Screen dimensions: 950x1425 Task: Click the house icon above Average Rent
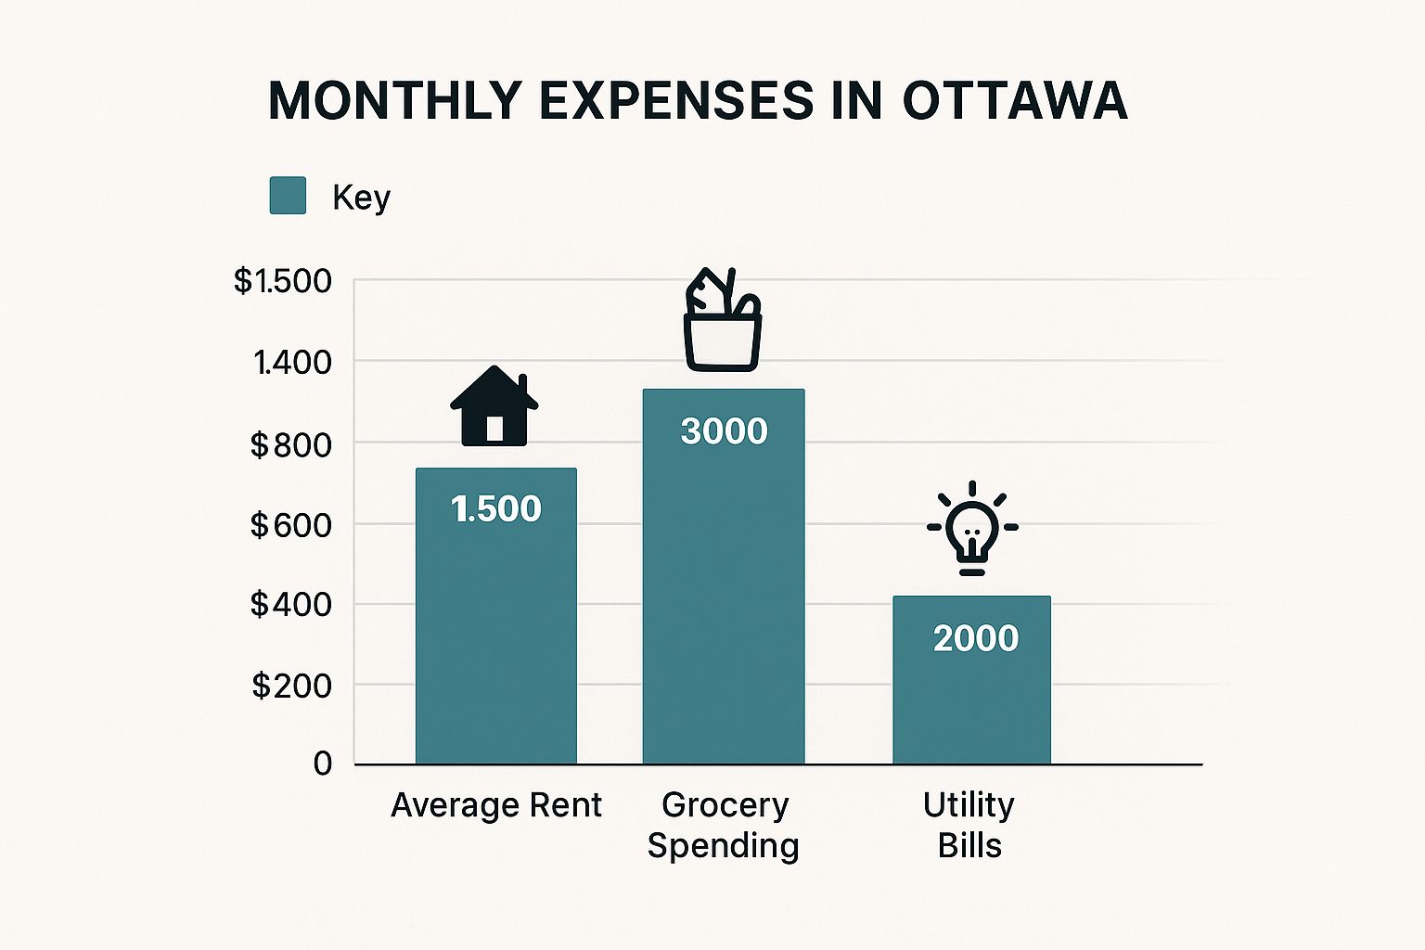[x=494, y=406]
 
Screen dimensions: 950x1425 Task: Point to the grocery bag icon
[x=723, y=320]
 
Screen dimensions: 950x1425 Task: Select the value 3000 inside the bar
[x=724, y=431]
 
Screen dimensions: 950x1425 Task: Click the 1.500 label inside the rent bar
[x=495, y=508]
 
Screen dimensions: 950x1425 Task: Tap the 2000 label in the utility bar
[x=975, y=638]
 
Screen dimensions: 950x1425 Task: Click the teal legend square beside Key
[x=288, y=196]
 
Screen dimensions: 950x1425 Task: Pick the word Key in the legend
[x=361, y=197]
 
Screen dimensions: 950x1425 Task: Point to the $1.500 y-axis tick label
[x=282, y=280]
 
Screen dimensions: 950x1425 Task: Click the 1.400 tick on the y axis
[x=292, y=362]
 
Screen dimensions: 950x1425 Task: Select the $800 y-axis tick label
[x=290, y=444]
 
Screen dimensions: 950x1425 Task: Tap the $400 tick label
[x=290, y=605]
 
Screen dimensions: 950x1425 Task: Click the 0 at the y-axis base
[x=322, y=764]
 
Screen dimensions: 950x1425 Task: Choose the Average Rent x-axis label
[x=495, y=804]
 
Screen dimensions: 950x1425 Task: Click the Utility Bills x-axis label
[x=969, y=825]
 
